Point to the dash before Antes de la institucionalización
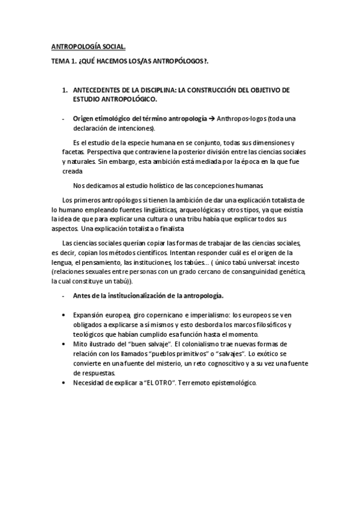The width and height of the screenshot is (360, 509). pos(64,296)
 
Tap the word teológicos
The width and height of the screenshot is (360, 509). pos(88,334)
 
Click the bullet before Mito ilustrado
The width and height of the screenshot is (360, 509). pos(64,344)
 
